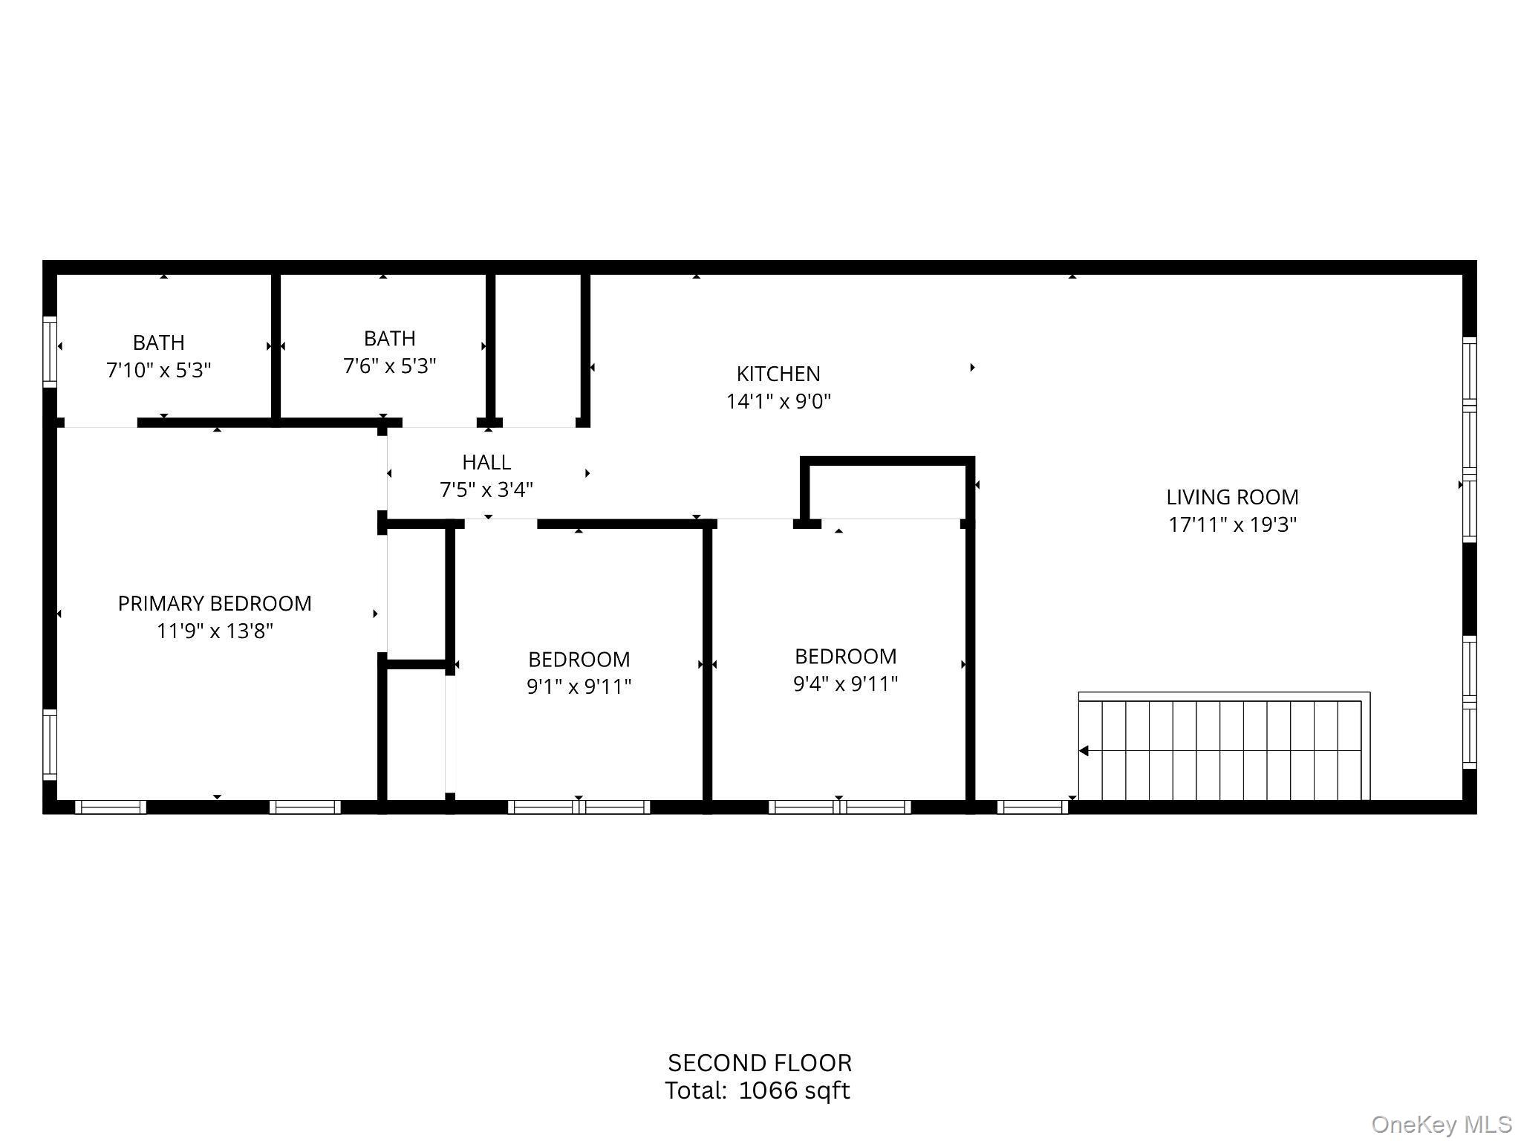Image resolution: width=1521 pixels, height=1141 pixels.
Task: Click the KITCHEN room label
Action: (778, 374)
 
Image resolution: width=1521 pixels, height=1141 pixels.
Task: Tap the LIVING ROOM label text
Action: (1232, 497)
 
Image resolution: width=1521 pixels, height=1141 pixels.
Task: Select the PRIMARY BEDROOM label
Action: (215, 603)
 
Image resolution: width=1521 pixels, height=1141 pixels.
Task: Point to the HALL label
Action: (486, 462)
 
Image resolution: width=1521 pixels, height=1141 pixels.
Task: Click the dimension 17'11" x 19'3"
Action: (1232, 524)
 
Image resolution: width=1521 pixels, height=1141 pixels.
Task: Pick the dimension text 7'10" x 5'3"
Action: (159, 370)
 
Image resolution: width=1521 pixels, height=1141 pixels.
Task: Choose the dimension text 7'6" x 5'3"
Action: (389, 366)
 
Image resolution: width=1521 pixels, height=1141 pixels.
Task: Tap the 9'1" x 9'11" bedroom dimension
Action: (579, 686)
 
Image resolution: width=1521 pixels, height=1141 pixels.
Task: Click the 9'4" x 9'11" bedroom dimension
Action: (845, 683)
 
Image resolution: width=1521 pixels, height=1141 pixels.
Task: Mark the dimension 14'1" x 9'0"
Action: (778, 401)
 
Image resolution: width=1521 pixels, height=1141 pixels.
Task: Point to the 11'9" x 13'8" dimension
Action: (215, 631)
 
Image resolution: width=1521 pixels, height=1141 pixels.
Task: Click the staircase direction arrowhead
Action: (1084, 751)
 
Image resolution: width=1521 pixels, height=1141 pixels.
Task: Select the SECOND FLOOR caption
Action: (759, 1063)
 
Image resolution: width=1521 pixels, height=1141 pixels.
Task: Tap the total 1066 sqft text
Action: (757, 1090)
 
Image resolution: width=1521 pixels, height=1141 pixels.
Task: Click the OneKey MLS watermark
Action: (1441, 1125)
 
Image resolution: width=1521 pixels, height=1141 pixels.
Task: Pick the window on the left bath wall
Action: (50, 351)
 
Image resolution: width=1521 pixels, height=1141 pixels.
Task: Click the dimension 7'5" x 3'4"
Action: (486, 490)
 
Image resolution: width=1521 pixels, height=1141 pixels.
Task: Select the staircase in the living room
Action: (1223, 747)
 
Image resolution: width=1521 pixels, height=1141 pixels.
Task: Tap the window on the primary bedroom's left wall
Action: (50, 744)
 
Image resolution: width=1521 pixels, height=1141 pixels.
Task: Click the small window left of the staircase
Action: (1032, 807)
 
